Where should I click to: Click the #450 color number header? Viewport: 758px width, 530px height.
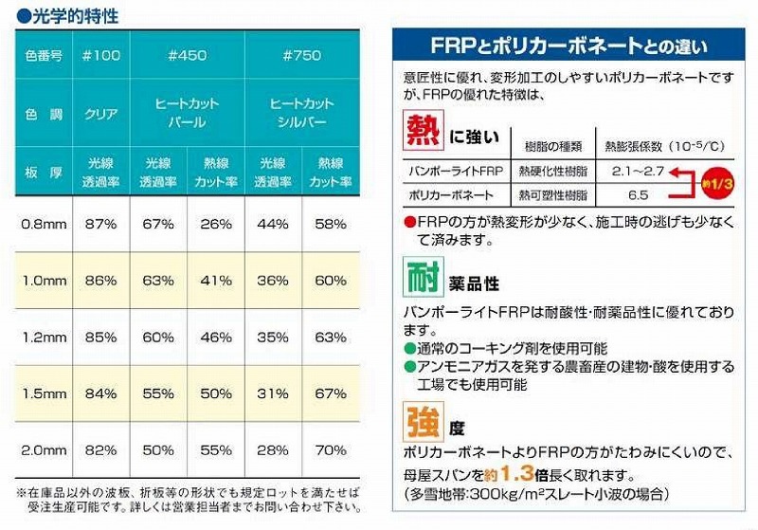tap(188, 56)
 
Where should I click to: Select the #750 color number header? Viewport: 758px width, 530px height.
tap(302, 56)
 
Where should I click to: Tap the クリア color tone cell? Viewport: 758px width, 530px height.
tap(102, 114)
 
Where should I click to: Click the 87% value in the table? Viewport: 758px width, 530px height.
tap(101, 224)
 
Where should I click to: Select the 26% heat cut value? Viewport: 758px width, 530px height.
tap(217, 224)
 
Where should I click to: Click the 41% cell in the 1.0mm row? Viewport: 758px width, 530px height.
tap(217, 281)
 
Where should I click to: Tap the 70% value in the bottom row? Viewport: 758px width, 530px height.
tap(331, 448)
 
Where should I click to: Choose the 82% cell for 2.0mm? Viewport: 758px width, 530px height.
tap(101, 448)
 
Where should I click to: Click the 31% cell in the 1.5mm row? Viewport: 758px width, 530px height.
tap(274, 393)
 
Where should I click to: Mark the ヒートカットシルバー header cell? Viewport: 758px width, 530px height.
tap(302, 114)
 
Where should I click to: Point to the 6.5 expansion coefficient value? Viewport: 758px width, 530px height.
tap(637, 194)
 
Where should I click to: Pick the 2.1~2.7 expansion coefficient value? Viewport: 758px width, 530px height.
tap(637, 172)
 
